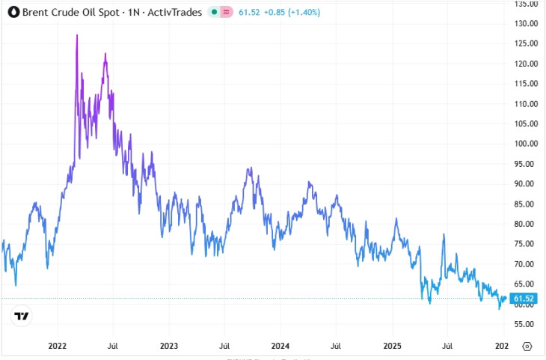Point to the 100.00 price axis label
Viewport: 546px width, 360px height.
pos(527,144)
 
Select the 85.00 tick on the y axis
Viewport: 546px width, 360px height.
pos(527,204)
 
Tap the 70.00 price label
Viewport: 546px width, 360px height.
pos(527,264)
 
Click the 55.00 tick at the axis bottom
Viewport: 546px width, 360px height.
pos(527,325)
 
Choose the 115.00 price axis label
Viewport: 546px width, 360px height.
pos(527,84)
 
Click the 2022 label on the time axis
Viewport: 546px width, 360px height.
pos(58,347)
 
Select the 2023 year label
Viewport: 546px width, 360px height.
pos(169,347)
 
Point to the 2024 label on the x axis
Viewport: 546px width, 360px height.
pos(280,347)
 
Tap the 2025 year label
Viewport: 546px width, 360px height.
pos(392,347)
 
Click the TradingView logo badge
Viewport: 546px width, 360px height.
pos(22,316)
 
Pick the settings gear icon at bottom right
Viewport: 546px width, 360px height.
pos(527,347)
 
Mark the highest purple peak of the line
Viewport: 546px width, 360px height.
pos(77,35)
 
